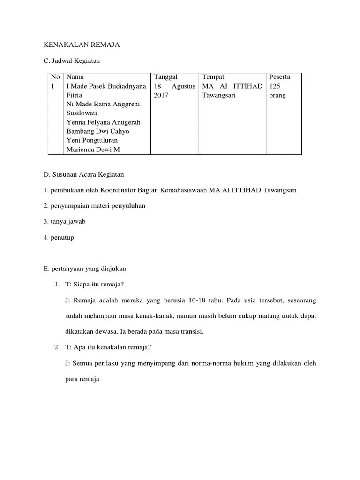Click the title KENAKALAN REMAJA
coord(82,45)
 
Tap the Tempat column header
coord(213,77)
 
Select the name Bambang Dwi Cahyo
coord(98,131)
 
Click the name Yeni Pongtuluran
coord(92,140)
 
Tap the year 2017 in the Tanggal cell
coord(161,95)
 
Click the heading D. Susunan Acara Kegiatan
coord(83,175)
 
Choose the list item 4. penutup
coord(59,238)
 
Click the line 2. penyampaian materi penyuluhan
coord(94,206)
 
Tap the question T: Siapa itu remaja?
coord(95,285)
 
